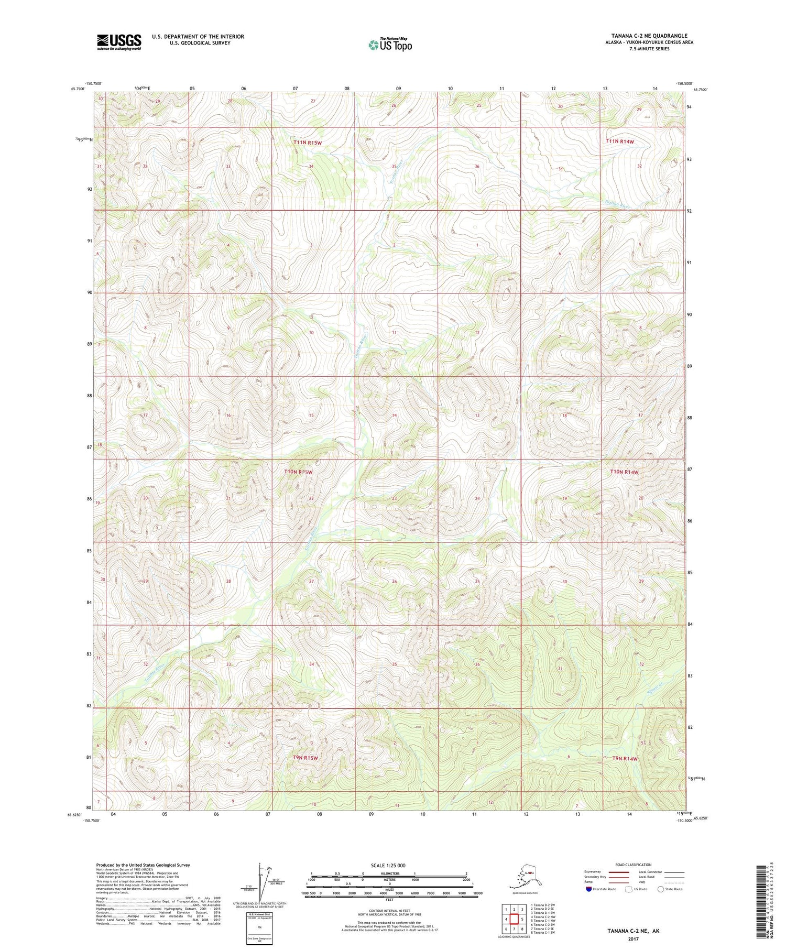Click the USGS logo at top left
[119, 42]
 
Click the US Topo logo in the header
[390, 45]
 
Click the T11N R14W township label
[619, 141]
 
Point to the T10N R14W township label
[624, 472]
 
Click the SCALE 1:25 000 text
[388, 865]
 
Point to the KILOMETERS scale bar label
[389, 873]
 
